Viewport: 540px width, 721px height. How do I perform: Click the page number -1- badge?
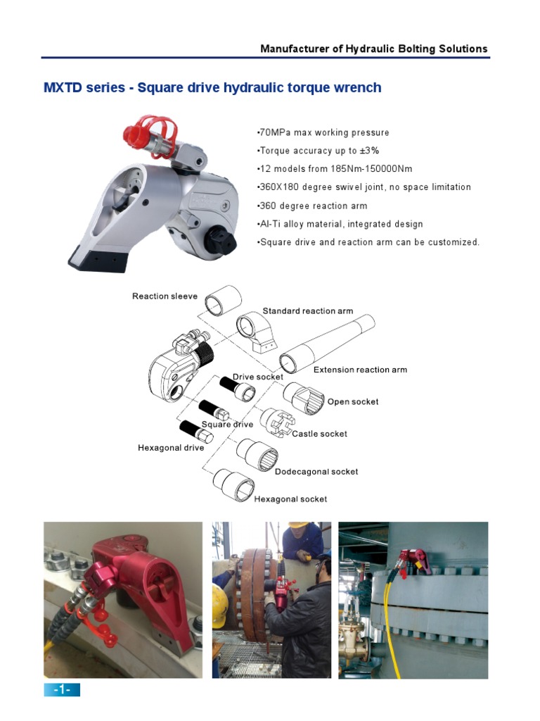pyautogui.click(x=62, y=689)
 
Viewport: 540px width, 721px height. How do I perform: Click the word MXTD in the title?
pyautogui.click(x=63, y=88)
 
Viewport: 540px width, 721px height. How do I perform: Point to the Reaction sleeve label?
pyautogui.click(x=165, y=296)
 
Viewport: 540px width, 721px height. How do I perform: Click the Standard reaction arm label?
pyautogui.click(x=307, y=311)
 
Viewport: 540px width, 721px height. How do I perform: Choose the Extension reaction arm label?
pyautogui.click(x=360, y=370)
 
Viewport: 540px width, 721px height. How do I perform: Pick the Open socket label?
pyautogui.click(x=352, y=402)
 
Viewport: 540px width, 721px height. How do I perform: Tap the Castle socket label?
pyautogui.click(x=319, y=434)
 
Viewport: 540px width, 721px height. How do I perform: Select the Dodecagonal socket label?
pyautogui.click(x=316, y=472)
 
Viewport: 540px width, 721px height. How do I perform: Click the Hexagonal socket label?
pyautogui.click(x=290, y=499)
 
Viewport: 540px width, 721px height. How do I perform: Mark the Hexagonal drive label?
pyautogui.click(x=171, y=448)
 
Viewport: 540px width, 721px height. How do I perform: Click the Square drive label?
pyautogui.click(x=227, y=425)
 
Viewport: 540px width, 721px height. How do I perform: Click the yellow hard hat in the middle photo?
pyautogui.click(x=301, y=532)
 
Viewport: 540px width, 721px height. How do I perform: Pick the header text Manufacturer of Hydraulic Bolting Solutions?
pyautogui.click(x=373, y=49)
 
